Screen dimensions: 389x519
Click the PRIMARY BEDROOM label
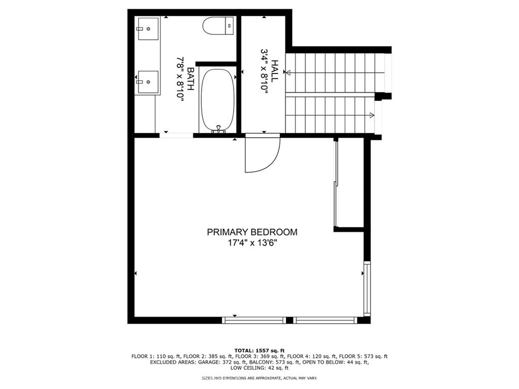tap(252, 232)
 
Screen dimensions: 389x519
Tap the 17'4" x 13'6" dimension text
tap(252, 243)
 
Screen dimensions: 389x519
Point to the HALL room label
tap(274, 71)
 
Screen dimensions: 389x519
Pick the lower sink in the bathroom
tap(148, 82)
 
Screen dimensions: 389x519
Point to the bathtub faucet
tap(218, 129)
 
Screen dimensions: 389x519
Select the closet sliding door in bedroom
tap(336, 185)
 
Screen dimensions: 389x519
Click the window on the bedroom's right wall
tap(366, 289)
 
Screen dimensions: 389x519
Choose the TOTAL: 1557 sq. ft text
tap(259, 351)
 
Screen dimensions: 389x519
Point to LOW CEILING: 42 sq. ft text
tap(259, 368)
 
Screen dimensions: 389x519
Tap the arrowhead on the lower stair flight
tap(373, 115)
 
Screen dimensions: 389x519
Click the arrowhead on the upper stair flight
tap(288, 73)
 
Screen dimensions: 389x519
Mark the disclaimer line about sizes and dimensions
tap(259, 378)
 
